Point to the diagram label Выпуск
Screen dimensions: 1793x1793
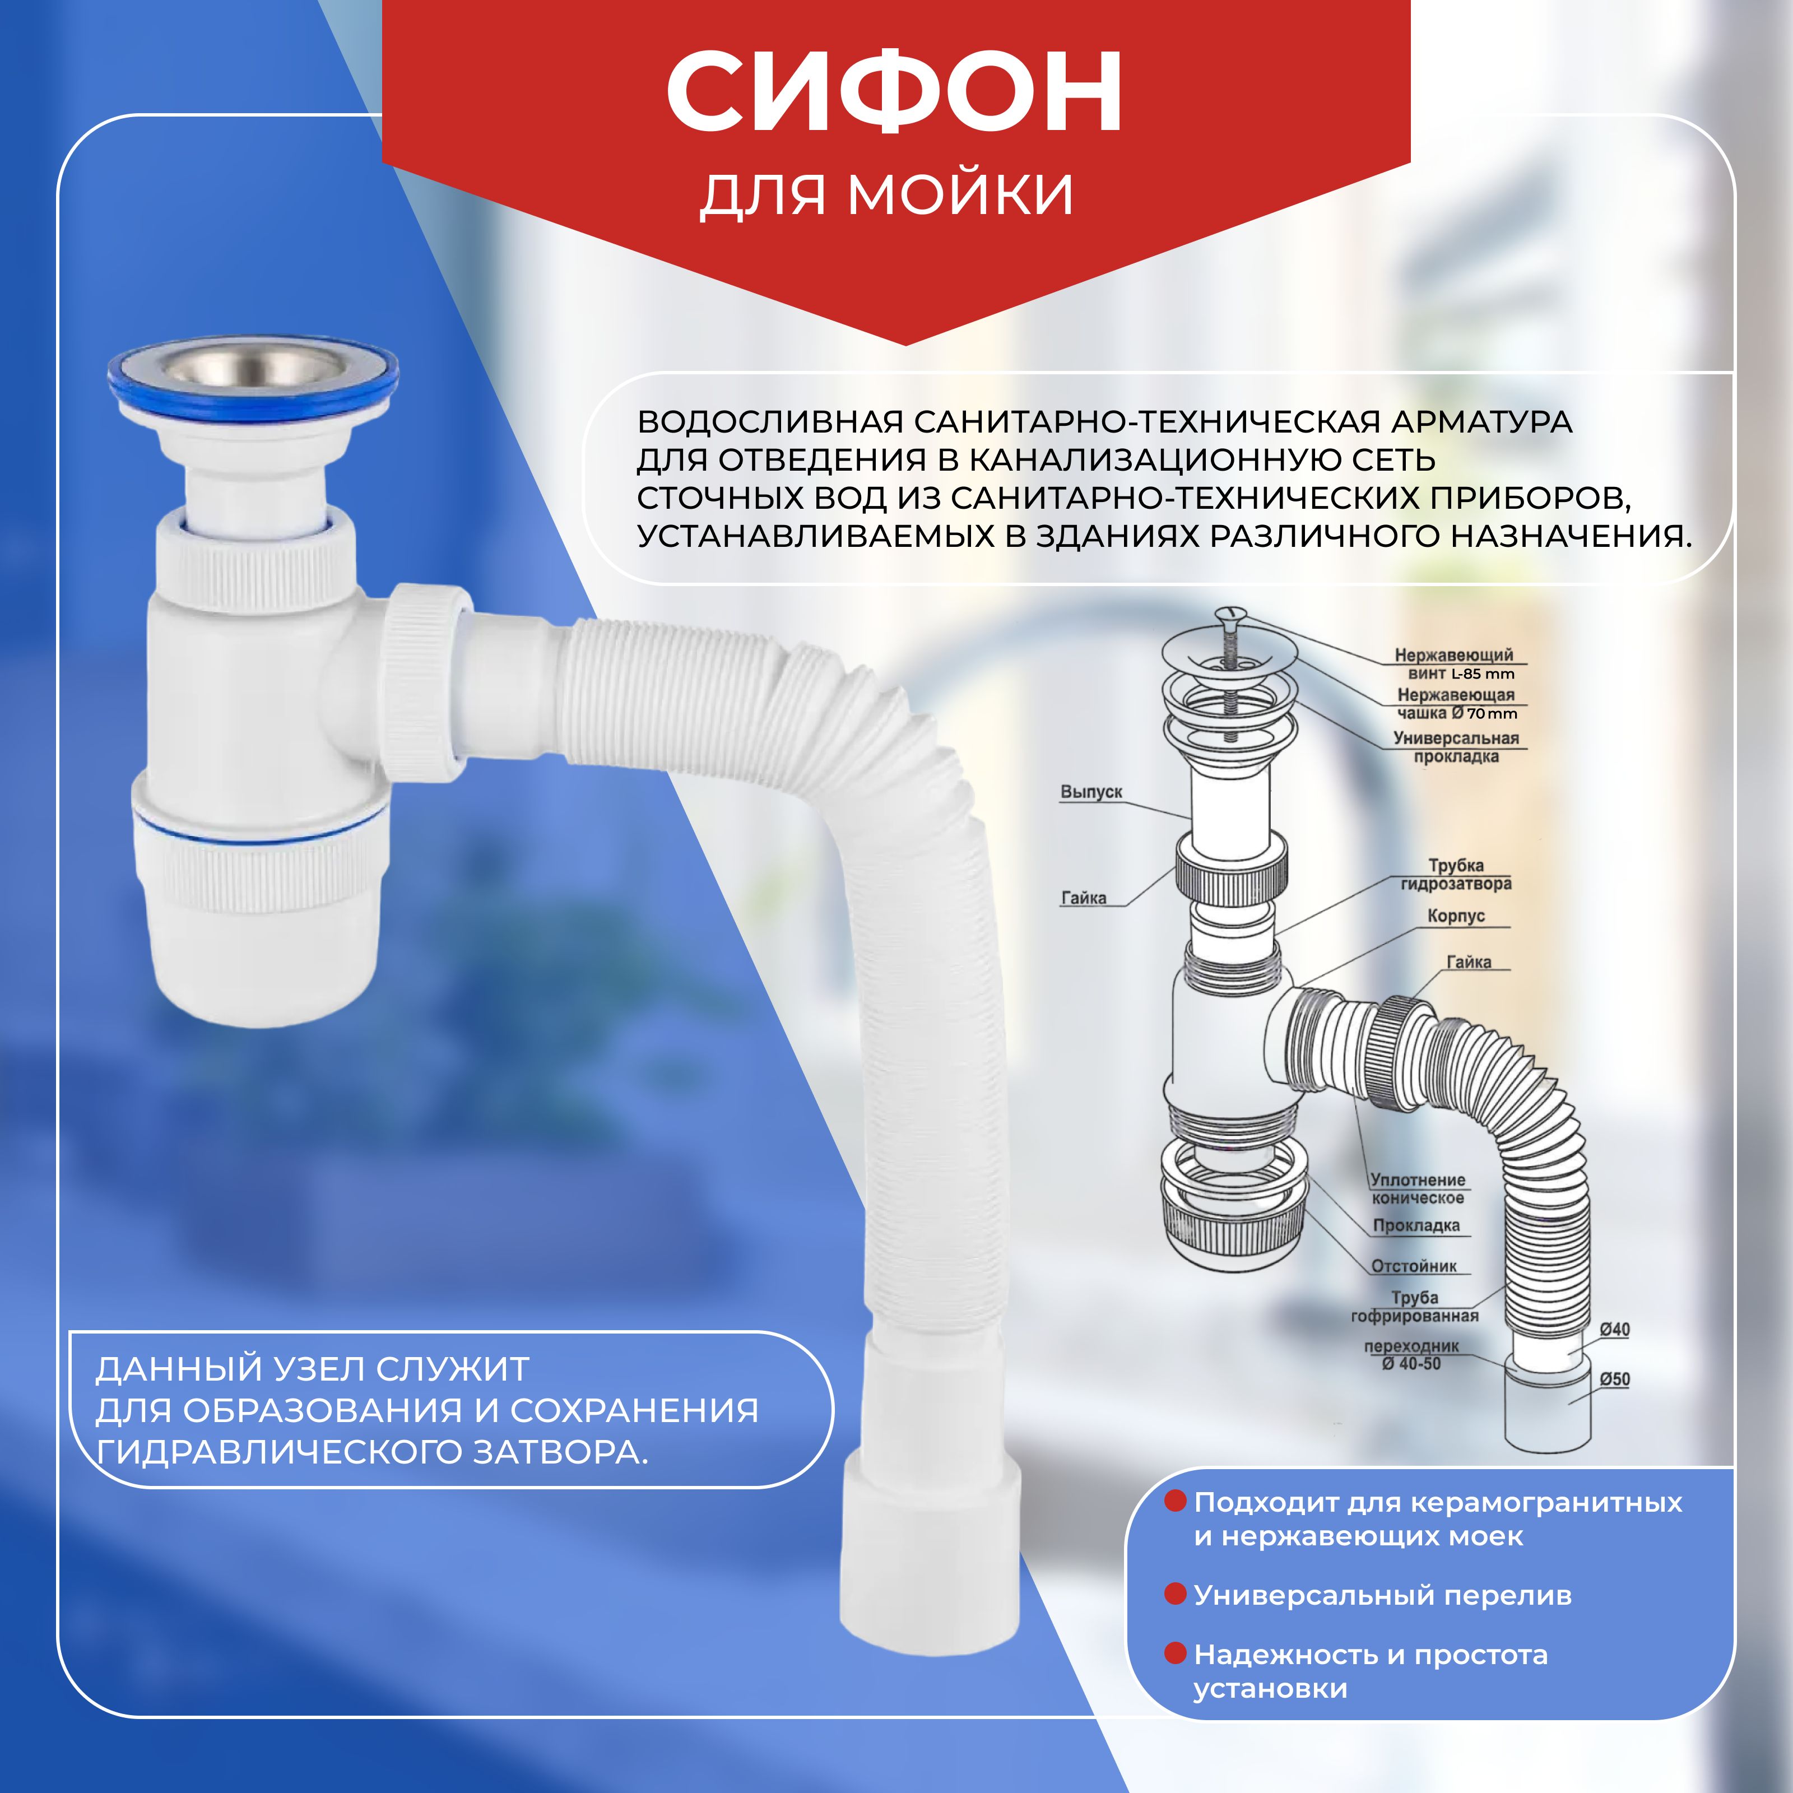1091,792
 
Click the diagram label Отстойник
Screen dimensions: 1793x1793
1414,1266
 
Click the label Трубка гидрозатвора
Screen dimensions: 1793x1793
1456,874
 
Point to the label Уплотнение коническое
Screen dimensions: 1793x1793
1418,1189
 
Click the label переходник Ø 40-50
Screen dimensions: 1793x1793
1411,1354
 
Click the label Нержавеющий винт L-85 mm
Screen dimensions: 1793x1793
1454,663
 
